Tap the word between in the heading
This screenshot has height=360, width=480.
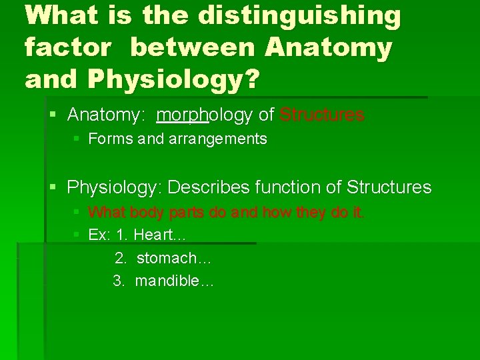[x=193, y=47]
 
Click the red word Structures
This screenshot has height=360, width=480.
[x=322, y=115]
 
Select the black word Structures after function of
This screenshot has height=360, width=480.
[x=389, y=187]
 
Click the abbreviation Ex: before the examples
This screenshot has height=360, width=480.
[x=99, y=235]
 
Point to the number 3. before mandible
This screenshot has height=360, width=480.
[x=119, y=281]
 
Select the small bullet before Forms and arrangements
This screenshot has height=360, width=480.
[x=77, y=139]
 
